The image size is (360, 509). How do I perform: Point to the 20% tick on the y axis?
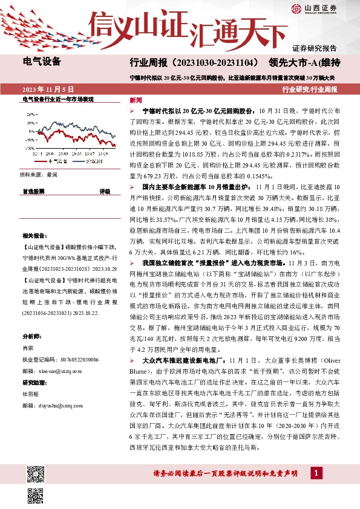pos(30,114)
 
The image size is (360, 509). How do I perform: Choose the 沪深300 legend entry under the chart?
pos(89,162)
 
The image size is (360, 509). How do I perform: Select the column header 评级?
pos(105,191)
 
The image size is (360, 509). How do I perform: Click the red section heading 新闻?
pos(136,100)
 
